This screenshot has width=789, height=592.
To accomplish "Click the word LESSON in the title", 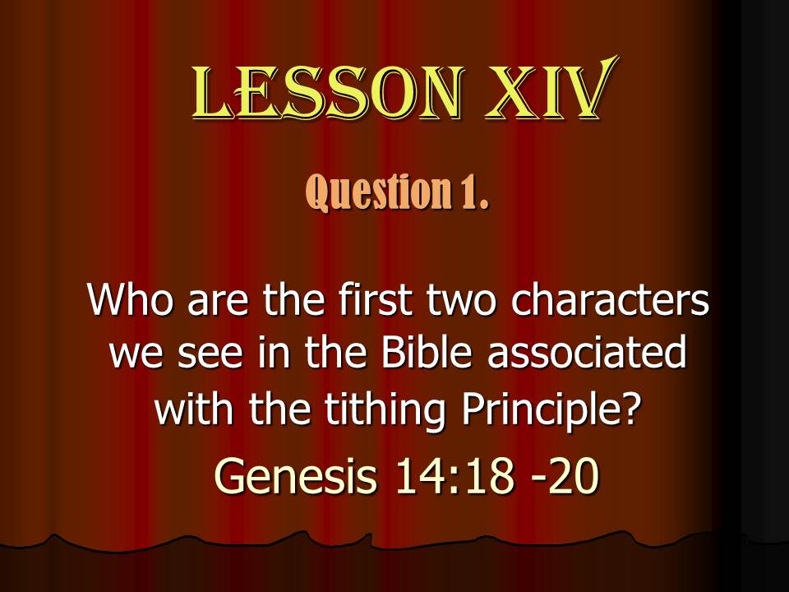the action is tap(327, 94).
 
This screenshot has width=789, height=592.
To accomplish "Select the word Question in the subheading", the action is tap(377, 192).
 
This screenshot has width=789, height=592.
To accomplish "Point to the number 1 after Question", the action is tap(474, 192).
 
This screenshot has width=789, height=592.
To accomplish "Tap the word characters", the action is tap(611, 300).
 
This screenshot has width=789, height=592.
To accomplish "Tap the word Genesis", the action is tap(295, 475).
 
